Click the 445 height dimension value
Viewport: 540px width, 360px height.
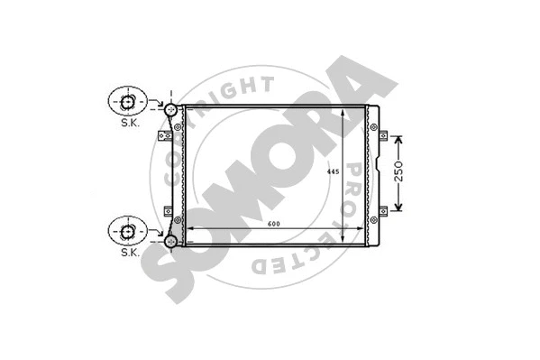click(333, 171)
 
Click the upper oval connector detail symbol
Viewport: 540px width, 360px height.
click(125, 100)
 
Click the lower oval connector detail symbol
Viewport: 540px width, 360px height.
click(125, 231)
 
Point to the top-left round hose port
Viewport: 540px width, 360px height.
click(169, 109)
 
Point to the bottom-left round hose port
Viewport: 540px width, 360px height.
click(169, 241)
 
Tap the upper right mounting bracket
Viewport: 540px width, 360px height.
click(382, 137)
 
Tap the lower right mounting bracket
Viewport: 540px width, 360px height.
click(382, 211)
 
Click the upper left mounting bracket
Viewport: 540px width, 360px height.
click(165, 136)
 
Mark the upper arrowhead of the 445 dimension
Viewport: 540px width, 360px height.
click(343, 111)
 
